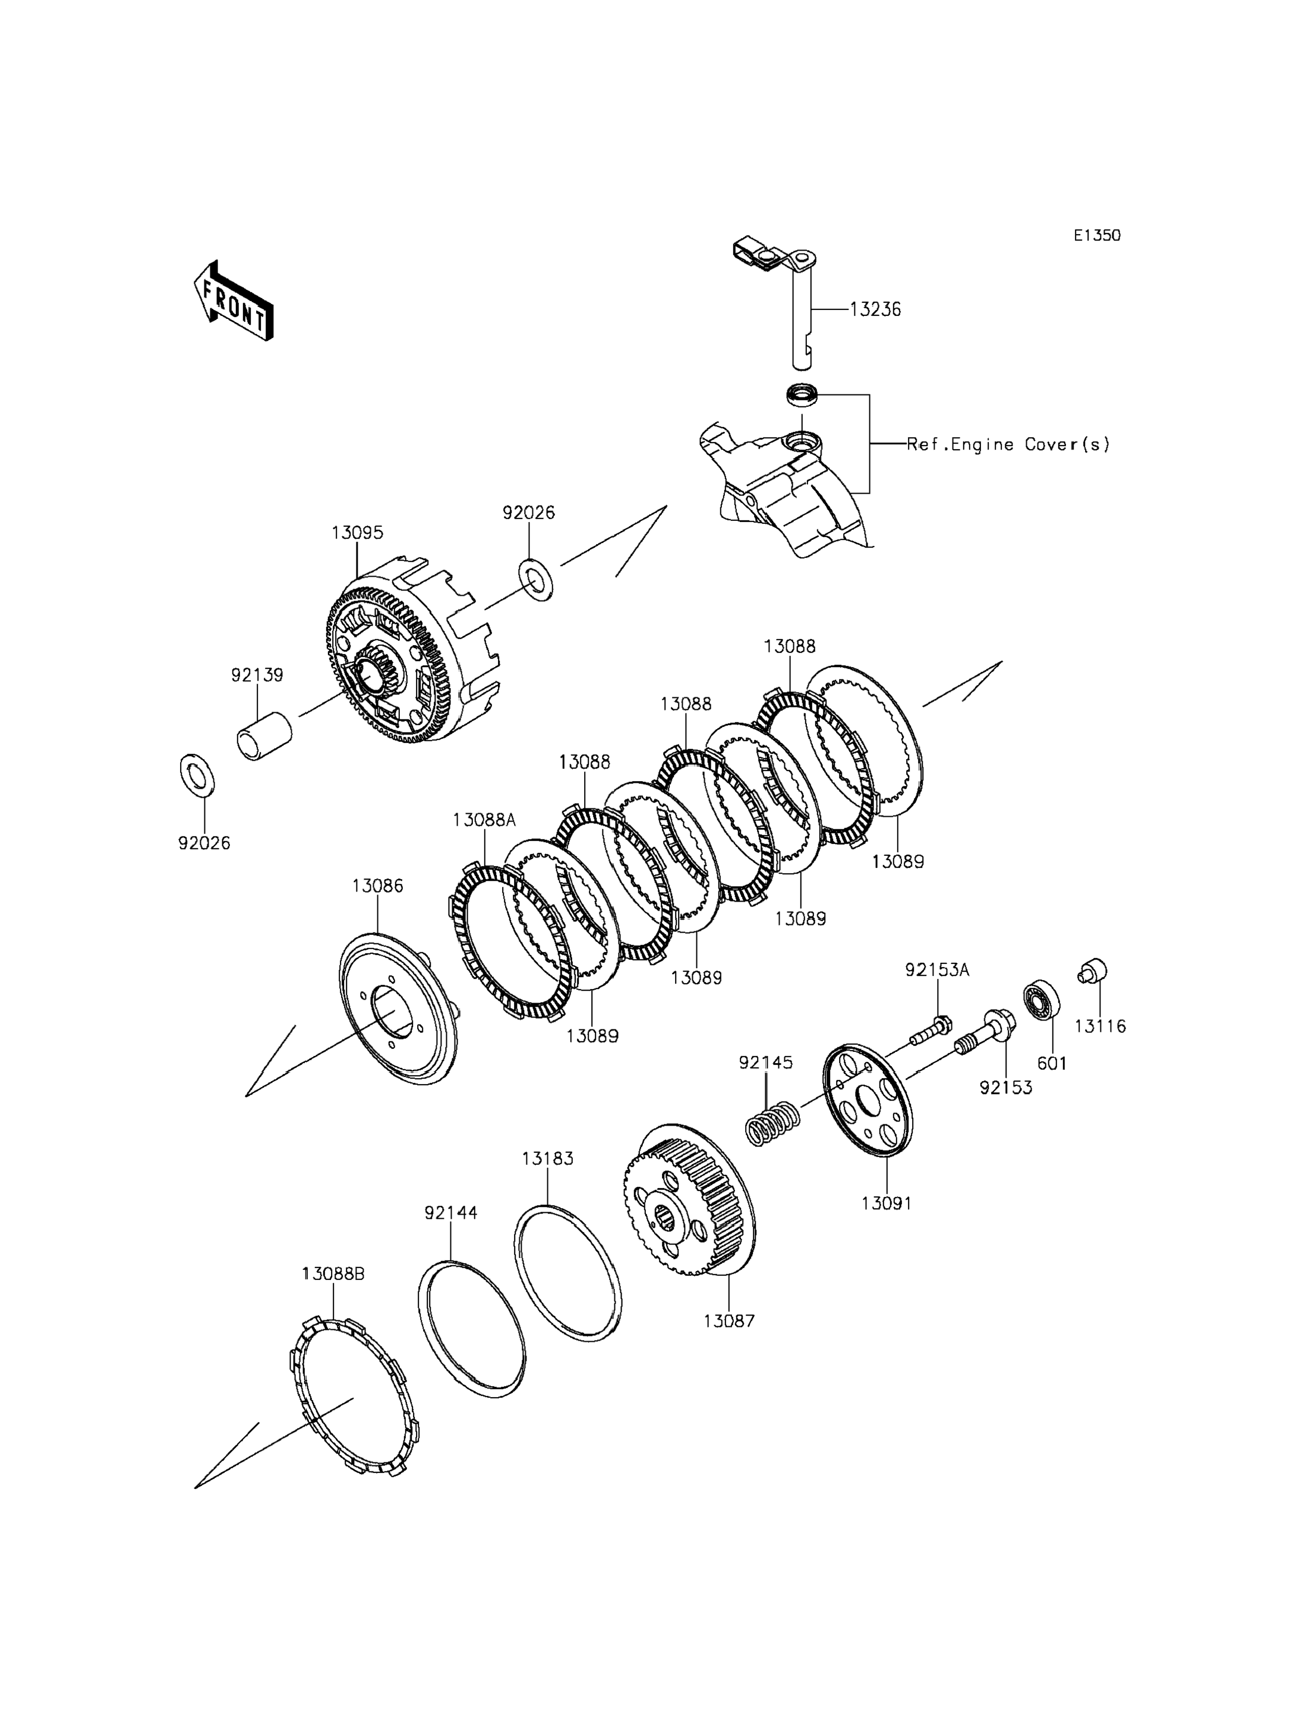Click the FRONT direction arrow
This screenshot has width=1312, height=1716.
pos(234,301)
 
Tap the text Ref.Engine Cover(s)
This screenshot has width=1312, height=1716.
pos(1008,444)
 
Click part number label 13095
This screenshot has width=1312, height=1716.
pos(357,533)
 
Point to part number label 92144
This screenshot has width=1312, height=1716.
pos(450,1212)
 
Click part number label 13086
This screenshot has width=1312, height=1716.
pos(377,886)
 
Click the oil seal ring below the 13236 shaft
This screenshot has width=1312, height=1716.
pos(802,394)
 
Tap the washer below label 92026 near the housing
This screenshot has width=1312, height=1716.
pos(537,579)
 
